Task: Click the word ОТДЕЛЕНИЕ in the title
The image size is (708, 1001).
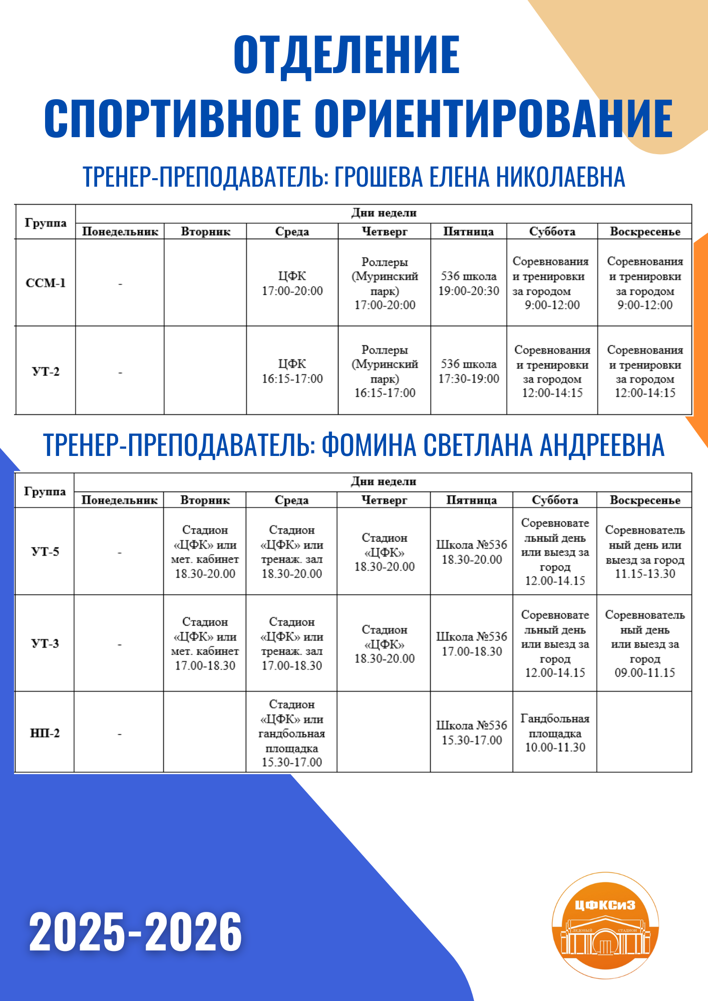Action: (346, 55)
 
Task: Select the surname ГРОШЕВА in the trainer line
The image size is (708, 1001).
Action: (373, 177)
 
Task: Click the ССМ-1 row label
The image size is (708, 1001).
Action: (46, 283)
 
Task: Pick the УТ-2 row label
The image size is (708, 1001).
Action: (46, 371)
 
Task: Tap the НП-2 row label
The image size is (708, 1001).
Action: (45, 733)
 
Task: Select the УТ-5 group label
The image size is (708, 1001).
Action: (45, 552)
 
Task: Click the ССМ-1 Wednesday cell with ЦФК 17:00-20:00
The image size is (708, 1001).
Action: (292, 283)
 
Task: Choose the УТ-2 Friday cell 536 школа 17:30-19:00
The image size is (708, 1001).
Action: (469, 371)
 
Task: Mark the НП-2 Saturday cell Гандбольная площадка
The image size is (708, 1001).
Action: (555, 733)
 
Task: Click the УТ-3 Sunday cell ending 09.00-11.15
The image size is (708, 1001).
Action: (645, 644)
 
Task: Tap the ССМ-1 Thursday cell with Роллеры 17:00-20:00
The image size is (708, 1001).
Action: (385, 283)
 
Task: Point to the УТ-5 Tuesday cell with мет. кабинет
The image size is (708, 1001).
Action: (205, 552)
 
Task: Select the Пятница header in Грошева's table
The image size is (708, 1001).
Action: (469, 231)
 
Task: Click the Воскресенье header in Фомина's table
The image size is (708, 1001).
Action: (645, 500)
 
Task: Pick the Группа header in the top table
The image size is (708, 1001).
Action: (46, 223)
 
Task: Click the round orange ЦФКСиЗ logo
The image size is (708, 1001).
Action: (605, 925)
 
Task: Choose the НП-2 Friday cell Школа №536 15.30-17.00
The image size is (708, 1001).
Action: (472, 733)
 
